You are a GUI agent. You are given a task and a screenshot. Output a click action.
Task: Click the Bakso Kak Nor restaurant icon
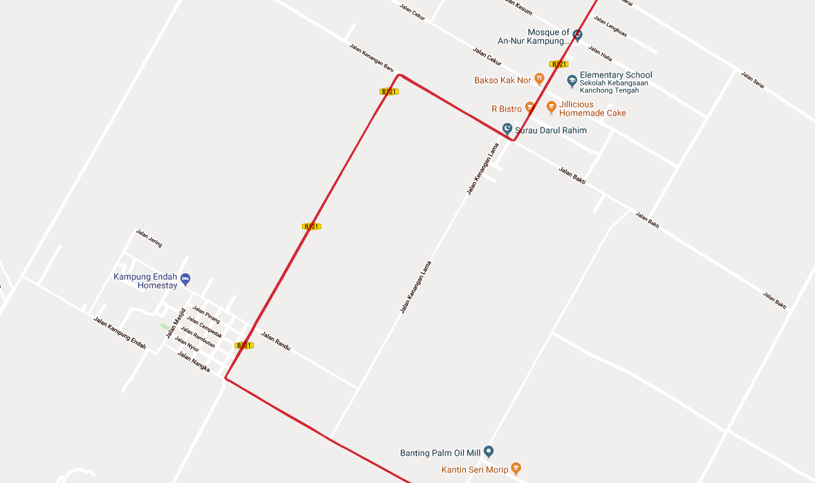pos(540,80)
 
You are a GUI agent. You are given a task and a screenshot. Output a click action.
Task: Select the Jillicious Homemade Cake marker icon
pos(551,108)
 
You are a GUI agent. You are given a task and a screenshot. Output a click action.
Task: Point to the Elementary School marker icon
pos(572,82)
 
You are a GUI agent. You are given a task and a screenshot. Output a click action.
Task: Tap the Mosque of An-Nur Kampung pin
pos(578,35)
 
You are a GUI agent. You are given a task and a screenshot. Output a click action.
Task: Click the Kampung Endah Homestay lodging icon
pos(186,279)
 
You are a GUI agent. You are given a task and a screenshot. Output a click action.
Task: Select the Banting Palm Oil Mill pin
pos(488,452)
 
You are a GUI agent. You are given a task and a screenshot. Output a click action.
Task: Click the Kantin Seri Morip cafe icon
pos(515,469)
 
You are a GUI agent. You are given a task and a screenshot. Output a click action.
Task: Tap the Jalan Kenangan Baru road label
pos(372,58)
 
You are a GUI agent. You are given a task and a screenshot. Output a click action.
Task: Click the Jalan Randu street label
pos(276,341)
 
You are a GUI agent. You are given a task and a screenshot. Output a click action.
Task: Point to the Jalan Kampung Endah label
pos(120,332)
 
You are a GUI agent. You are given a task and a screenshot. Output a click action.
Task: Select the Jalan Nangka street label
pos(194,362)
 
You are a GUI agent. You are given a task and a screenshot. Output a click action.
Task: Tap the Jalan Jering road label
pos(149,238)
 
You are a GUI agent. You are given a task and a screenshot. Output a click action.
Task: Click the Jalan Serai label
pos(752,80)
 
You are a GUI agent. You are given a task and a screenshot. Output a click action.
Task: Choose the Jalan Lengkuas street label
pos(610,27)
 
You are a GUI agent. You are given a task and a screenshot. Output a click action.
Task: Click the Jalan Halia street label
pos(600,53)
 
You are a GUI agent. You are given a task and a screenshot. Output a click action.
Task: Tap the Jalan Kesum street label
pos(519,5)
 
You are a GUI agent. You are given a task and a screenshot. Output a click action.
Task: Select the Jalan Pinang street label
pos(206,315)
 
